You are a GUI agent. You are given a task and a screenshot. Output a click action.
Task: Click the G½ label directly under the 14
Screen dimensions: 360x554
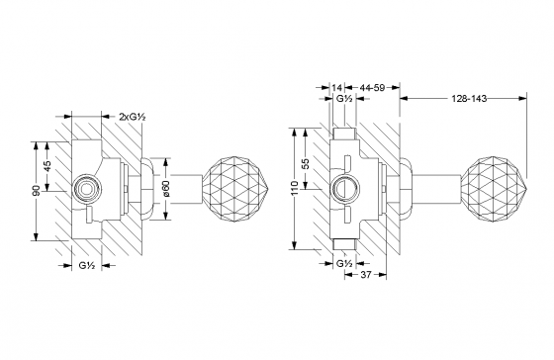(343, 100)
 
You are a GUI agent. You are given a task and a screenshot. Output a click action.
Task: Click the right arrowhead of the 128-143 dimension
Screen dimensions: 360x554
(518, 97)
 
